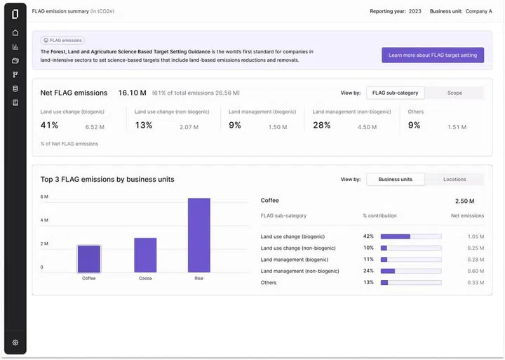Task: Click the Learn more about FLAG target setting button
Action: (433, 55)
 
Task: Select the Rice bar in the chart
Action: (198, 235)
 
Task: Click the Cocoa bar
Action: (145, 255)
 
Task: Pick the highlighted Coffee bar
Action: (89, 259)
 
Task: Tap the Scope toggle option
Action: (454, 93)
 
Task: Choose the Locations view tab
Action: (454, 179)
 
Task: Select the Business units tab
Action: (396, 179)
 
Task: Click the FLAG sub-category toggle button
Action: (396, 93)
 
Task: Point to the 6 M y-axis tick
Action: (44, 196)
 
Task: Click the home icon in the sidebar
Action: (15, 33)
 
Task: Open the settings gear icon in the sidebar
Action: (15, 342)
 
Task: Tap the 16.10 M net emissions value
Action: (132, 93)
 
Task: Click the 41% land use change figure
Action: (49, 126)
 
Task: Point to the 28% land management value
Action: (322, 126)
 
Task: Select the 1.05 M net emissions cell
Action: (476, 236)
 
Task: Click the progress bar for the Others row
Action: (411, 283)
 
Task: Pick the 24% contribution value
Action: (368, 271)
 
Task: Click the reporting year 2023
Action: (415, 11)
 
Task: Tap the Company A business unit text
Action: (479, 11)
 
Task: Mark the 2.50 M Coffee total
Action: (464, 201)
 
